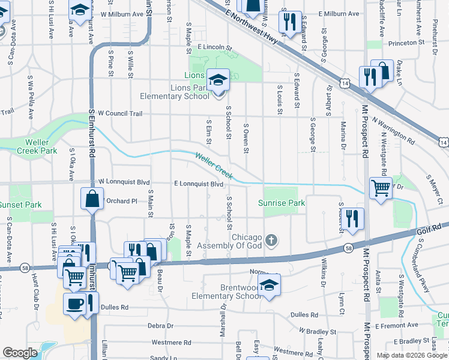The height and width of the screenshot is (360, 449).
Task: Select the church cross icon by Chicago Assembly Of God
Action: pos(271,241)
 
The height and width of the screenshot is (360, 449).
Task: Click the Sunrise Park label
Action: pos(282,203)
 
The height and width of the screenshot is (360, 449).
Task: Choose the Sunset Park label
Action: pos(21,205)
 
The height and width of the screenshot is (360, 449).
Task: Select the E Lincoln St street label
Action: pos(214,46)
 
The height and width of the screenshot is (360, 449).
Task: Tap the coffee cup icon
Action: pos(75,303)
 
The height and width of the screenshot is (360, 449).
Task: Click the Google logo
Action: pos(20,353)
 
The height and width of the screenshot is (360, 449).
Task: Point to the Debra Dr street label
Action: pos(160,326)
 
